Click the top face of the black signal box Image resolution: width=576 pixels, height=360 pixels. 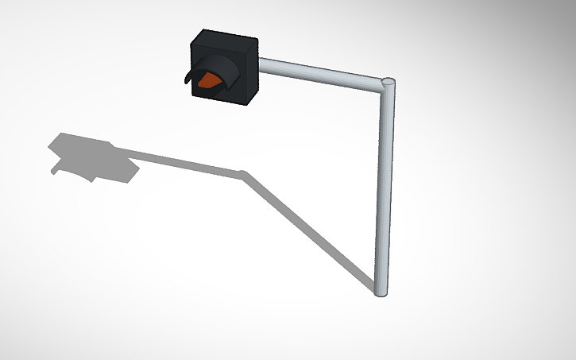(x=226, y=37)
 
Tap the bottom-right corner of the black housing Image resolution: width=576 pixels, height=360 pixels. (x=247, y=103)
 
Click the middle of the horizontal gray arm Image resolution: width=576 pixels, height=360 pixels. (x=322, y=72)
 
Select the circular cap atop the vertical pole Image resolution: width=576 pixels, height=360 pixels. (x=389, y=82)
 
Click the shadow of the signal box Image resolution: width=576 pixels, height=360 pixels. (x=91, y=157)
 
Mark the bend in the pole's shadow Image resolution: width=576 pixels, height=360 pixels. (x=243, y=173)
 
